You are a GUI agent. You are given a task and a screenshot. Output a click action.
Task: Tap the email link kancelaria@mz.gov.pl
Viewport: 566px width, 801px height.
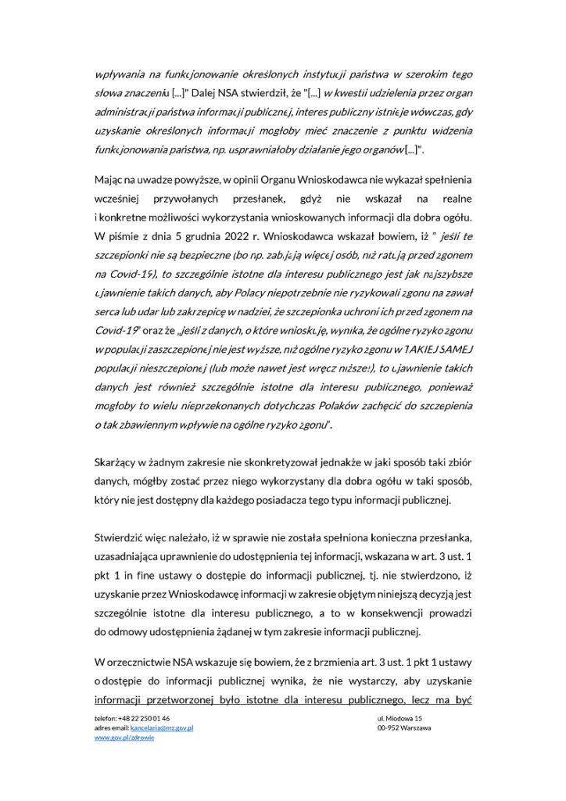pyautogui.click(x=162, y=727)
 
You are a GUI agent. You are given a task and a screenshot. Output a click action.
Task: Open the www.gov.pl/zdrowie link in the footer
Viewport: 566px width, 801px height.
pyautogui.click(x=124, y=738)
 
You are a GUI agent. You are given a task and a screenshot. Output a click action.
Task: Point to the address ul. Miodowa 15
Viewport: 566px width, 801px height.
pyautogui.click(x=399, y=718)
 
